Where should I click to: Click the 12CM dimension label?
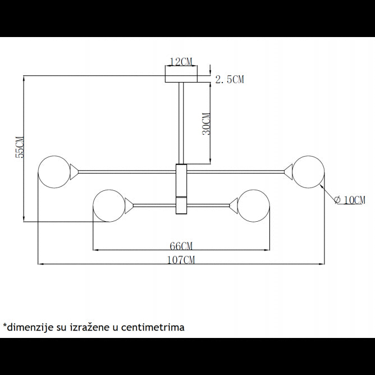[x=181, y=62]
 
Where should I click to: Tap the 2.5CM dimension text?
[x=230, y=79]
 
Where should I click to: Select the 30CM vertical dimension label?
[x=207, y=124]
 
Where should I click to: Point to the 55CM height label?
[x=20, y=147]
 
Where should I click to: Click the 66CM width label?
[x=181, y=246]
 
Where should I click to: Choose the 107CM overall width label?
[x=181, y=260]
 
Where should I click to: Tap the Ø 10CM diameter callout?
[x=350, y=200]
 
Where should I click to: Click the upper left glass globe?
[x=54, y=172]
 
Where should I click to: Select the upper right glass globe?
[x=309, y=172]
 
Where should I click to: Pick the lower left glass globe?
[x=109, y=205]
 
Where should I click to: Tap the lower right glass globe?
[x=254, y=205]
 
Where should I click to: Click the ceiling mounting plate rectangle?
[x=181, y=79]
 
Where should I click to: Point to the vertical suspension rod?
[x=181, y=123]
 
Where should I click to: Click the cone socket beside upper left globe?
[x=74, y=172]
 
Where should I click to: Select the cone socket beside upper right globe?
[x=289, y=172]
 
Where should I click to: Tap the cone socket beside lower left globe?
[x=129, y=205]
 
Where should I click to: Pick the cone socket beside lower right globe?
[x=234, y=205]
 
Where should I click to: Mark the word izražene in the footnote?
[x=89, y=327]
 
